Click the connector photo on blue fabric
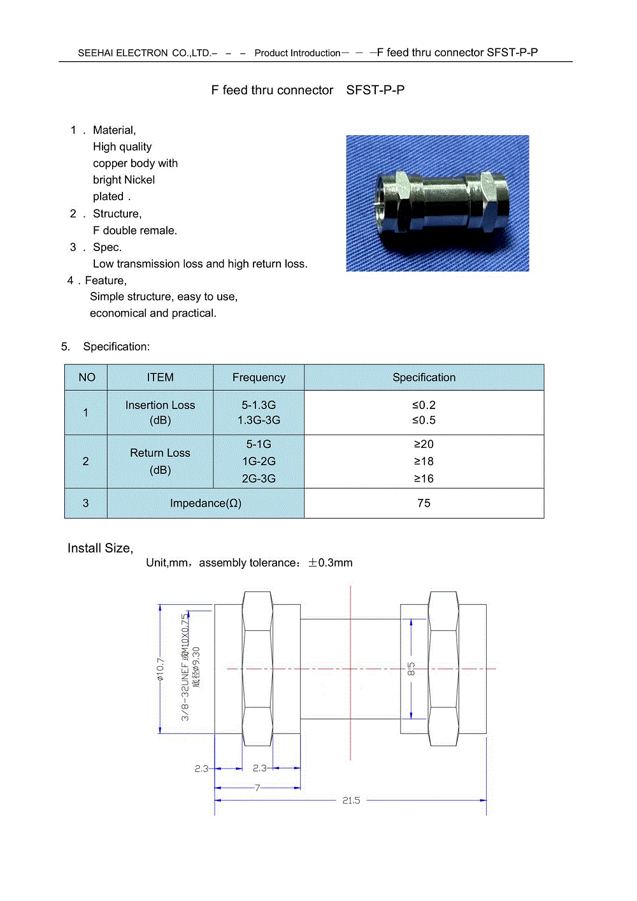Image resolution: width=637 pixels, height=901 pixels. (x=437, y=203)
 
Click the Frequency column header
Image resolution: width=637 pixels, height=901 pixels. (x=259, y=377)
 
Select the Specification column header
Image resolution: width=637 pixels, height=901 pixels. (x=424, y=377)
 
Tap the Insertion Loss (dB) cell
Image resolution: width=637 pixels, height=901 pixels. (x=160, y=412)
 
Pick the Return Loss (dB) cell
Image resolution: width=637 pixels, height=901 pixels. (x=160, y=461)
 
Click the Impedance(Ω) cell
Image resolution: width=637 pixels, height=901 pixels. (x=205, y=503)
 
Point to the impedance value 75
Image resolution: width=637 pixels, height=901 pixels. (x=424, y=503)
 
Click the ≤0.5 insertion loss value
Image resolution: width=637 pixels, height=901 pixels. (x=424, y=420)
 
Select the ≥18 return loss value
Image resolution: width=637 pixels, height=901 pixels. (x=424, y=461)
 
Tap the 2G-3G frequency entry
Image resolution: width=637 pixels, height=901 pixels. (x=259, y=478)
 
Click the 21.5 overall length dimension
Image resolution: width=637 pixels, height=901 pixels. (x=351, y=800)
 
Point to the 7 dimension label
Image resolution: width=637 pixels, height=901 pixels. (x=257, y=788)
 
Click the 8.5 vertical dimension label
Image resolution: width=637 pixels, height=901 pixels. (x=412, y=669)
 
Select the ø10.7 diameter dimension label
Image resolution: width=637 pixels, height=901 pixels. (x=161, y=669)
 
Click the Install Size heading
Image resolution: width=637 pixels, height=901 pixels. (x=100, y=548)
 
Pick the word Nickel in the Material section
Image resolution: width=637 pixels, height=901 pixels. (x=141, y=180)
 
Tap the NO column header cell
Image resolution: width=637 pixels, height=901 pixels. (x=87, y=377)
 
